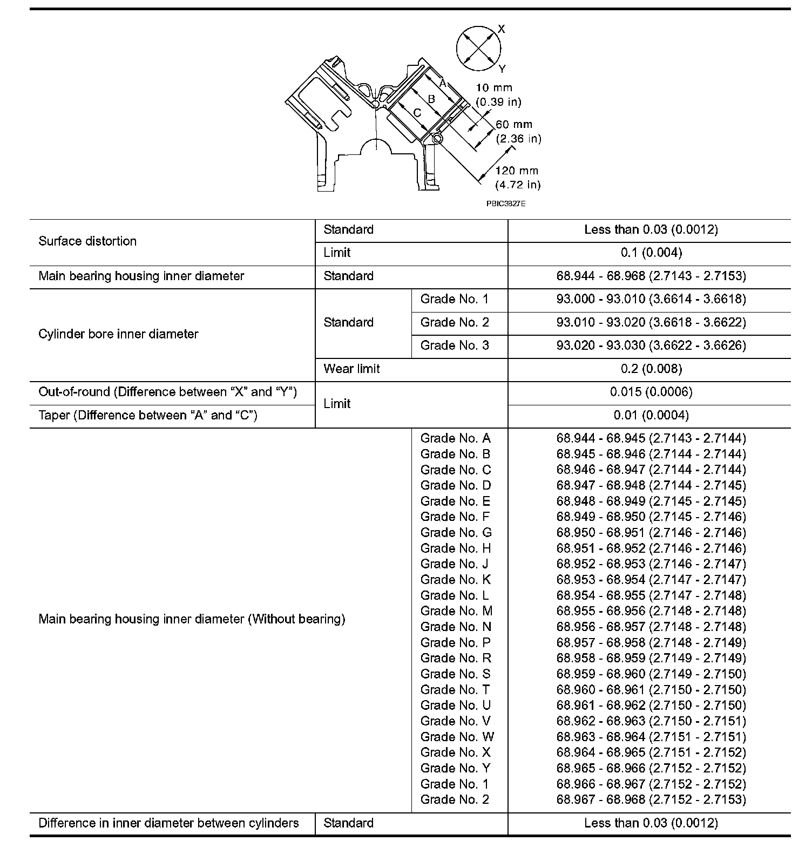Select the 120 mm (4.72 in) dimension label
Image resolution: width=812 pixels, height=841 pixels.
coord(517,178)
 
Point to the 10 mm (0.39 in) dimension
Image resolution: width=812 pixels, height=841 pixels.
coord(498,94)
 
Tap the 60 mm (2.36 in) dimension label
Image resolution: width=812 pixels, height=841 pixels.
coord(518,132)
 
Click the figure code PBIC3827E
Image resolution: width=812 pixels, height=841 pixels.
coord(505,204)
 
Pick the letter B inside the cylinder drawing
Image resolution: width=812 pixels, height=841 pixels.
coord(431,99)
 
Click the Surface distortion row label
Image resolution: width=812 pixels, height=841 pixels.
coord(87,241)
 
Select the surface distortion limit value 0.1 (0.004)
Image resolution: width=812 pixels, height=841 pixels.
coord(651,253)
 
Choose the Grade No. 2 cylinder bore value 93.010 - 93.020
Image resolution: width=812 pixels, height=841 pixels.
coord(651,322)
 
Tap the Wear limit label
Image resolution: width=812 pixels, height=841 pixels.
coord(351,369)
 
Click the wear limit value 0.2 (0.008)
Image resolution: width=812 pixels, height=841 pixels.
coord(651,369)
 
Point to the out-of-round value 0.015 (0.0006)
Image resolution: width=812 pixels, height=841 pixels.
coord(651,392)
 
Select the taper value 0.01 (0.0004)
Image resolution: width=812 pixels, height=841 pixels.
coord(651,415)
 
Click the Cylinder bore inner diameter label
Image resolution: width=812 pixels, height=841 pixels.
coord(118,334)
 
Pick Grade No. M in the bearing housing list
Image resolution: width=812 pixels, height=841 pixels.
coord(456,611)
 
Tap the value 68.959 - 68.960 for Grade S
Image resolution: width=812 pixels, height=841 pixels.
coord(651,674)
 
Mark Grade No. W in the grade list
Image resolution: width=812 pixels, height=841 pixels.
coord(457,737)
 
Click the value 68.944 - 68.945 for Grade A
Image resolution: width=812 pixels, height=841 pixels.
coord(651,438)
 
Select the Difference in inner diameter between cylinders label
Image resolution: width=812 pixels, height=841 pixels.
coord(168,823)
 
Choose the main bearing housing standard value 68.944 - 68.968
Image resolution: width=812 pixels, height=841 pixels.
coord(651,276)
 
